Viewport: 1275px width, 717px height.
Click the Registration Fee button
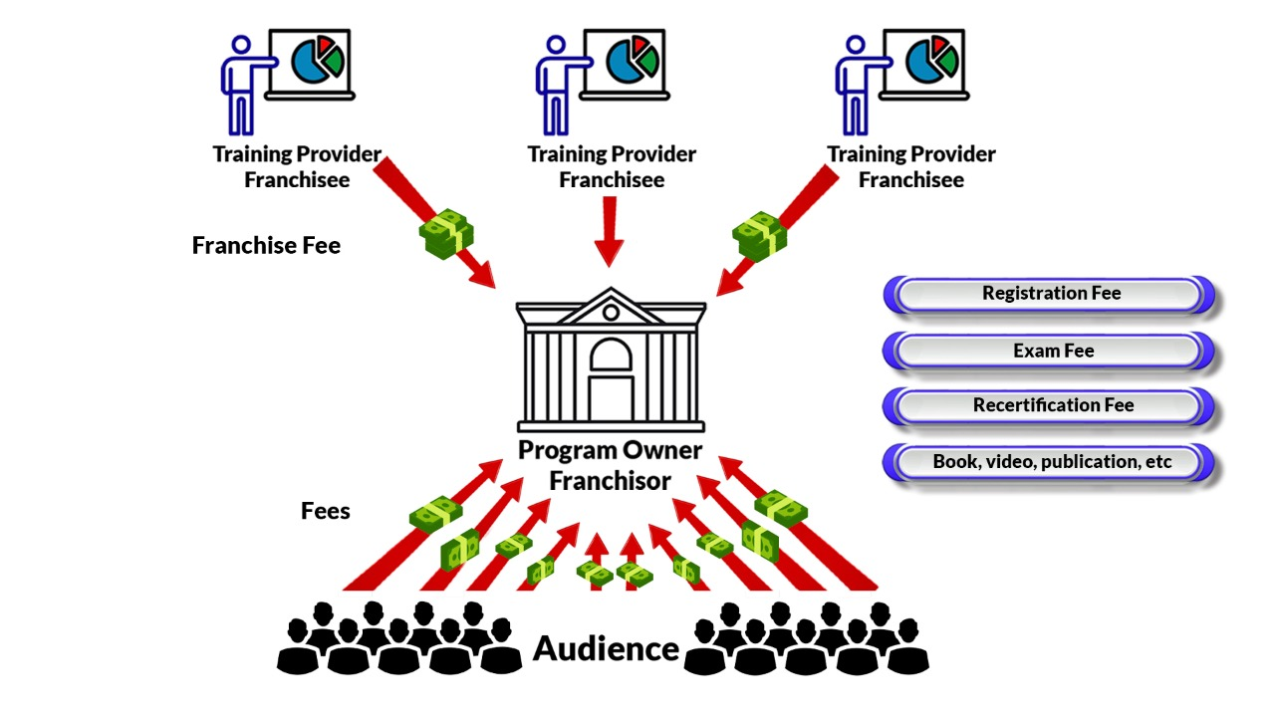coord(1051,294)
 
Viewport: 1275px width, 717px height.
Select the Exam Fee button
coord(1052,351)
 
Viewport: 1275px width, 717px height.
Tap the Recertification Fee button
coord(1052,405)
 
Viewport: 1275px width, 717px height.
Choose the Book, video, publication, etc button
coord(1052,462)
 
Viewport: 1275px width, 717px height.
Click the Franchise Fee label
coord(266,245)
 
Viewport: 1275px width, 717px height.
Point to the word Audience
coord(606,648)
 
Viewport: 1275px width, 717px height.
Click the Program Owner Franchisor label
coord(610,465)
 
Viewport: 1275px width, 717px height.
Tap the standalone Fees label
coord(326,511)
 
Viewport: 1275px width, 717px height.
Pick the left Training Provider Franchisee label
coord(297,166)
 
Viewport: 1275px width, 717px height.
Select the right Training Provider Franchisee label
coord(910,166)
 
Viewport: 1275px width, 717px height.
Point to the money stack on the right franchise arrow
coord(759,233)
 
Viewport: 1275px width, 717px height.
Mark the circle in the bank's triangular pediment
coord(610,312)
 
